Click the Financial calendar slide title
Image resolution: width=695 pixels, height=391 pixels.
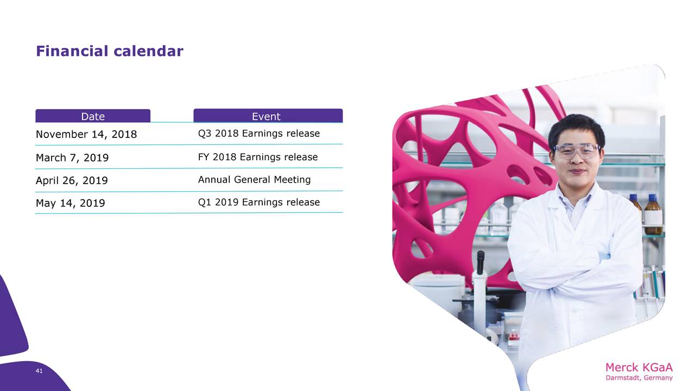(110, 51)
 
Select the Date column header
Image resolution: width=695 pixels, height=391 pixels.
(93, 116)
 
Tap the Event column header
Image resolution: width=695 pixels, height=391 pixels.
(268, 116)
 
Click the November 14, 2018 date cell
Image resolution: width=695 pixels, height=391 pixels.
(86, 134)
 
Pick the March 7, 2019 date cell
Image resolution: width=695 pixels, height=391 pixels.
(72, 157)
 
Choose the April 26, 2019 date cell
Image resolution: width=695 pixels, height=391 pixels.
(72, 180)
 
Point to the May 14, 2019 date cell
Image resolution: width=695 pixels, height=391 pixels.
(71, 203)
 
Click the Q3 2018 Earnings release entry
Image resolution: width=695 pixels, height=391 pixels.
(259, 134)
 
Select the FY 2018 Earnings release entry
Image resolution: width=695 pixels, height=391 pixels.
(258, 157)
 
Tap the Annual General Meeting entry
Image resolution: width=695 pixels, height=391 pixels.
(254, 180)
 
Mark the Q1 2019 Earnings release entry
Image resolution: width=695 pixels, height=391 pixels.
(259, 203)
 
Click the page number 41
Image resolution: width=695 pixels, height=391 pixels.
(39, 371)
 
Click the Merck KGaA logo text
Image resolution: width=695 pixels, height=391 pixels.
(639, 368)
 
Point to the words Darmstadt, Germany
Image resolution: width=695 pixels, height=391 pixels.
(639, 378)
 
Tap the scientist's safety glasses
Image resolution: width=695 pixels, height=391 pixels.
(577, 151)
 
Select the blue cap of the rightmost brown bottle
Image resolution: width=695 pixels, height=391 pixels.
(653, 198)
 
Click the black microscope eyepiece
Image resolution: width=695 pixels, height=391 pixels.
(481, 262)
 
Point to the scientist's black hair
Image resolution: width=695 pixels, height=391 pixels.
(576, 129)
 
